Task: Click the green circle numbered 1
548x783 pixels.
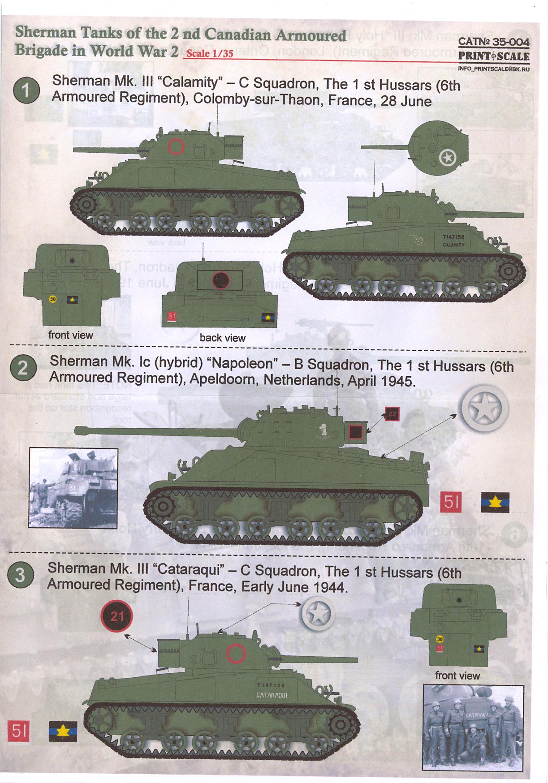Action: click(x=26, y=90)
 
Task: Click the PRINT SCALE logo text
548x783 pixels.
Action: click(x=493, y=56)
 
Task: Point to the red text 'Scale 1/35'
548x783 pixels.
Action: click(x=210, y=53)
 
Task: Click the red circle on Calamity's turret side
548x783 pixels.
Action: click(x=176, y=146)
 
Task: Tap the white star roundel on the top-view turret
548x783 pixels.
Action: click(x=448, y=158)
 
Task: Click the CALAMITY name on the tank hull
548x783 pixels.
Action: click(x=453, y=245)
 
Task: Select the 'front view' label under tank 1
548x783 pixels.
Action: click(x=70, y=335)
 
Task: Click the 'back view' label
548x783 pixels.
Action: click(x=222, y=338)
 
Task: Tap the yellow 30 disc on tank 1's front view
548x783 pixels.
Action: click(x=53, y=299)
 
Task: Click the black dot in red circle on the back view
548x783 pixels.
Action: click(x=220, y=280)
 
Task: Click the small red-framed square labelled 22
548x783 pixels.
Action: click(x=392, y=414)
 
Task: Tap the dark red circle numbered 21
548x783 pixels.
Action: click(x=117, y=616)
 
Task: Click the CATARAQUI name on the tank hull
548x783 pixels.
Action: click(x=272, y=695)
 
